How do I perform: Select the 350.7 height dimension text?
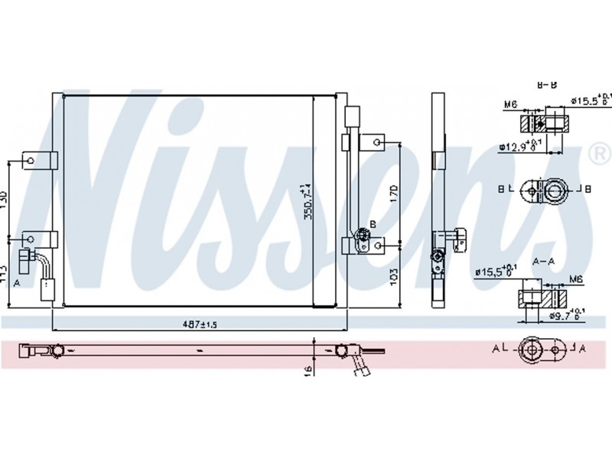coord(308,201)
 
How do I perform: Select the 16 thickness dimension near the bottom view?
coord(308,370)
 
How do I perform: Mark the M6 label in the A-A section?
coord(575,280)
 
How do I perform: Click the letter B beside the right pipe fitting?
coord(373,223)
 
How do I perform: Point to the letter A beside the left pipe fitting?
coord(16,282)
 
